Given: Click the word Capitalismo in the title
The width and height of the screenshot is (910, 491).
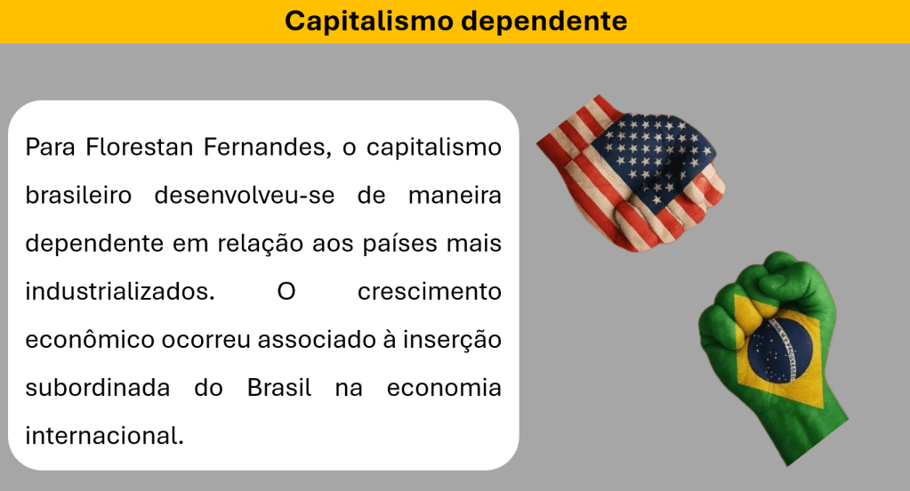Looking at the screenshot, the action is click(369, 21).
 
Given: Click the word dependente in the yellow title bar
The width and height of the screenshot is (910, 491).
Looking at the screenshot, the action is click(544, 21).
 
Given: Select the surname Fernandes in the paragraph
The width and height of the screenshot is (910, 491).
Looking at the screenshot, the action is click(267, 148).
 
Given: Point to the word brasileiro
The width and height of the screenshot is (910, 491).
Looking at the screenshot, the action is click(78, 195).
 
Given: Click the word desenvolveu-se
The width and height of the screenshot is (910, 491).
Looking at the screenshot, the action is click(245, 195).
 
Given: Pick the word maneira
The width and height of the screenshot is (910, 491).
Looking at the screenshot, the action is click(455, 195).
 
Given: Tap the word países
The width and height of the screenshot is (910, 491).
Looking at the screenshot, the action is click(400, 244).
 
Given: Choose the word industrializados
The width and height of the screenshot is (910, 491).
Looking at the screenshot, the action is click(120, 292).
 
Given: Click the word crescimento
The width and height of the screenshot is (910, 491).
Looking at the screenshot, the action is click(430, 292).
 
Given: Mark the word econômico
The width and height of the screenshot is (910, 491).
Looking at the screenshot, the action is click(90, 340).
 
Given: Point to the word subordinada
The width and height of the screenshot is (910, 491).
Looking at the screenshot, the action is click(98, 388).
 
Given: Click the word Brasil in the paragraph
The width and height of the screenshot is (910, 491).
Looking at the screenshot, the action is click(279, 388).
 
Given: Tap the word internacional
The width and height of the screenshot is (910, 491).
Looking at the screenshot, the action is click(104, 436).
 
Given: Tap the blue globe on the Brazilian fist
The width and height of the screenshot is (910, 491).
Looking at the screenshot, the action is click(779, 350).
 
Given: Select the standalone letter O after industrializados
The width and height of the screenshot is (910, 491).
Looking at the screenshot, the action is click(286, 292).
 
